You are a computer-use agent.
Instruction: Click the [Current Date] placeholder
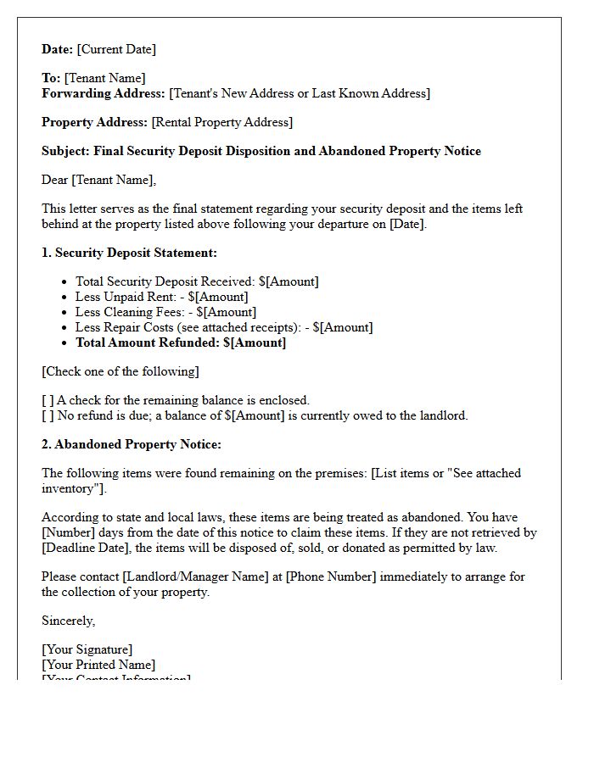(116, 49)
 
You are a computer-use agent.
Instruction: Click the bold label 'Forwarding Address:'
(104, 93)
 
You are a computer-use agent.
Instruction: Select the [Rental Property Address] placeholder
(221, 122)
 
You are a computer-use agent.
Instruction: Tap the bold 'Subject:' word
(65, 151)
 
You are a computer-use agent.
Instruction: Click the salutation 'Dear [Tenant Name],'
(99, 180)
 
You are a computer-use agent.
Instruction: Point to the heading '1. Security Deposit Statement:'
(129, 253)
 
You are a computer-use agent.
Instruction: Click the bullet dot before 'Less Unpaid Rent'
(64, 298)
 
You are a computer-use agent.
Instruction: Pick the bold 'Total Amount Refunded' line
(180, 343)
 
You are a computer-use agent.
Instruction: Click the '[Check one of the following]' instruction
(120, 371)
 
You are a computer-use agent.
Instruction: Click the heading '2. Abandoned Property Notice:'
(131, 444)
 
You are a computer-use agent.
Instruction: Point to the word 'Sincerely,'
(69, 621)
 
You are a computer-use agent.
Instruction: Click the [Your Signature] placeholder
(87, 649)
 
